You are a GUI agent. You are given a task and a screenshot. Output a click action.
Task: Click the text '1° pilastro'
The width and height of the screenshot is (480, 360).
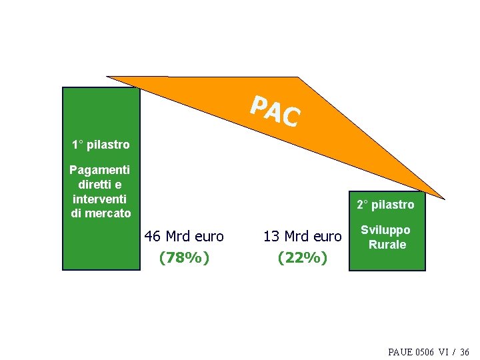coord(101,144)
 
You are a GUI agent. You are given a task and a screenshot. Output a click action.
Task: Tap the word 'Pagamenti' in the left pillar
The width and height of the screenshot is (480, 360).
coord(101,170)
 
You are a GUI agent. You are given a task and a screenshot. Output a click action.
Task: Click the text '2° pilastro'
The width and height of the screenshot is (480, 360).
coord(385,204)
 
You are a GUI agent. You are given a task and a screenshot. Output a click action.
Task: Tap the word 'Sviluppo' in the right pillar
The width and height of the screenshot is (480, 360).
coord(386,230)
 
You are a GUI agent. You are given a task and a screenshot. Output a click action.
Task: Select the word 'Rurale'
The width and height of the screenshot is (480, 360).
coord(387,245)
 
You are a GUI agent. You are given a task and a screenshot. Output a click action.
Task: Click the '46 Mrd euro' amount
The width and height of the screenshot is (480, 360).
coord(184,237)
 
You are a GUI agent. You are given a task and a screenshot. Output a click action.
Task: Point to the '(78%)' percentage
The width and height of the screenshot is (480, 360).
coord(184,257)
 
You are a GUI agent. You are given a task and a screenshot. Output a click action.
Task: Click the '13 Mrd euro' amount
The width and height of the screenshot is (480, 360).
coord(303,237)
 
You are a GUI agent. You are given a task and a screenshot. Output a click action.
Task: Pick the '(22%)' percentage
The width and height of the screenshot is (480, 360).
coord(303,257)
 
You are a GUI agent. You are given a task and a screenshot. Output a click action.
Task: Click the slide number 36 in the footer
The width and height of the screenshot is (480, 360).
coord(465,351)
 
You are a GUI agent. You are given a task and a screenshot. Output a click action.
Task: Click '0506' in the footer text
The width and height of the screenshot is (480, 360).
coord(427,351)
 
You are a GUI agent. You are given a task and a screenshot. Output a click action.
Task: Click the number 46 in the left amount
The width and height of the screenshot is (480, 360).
coord(153,237)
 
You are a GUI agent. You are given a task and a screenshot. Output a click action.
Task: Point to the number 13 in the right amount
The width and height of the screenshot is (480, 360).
coord(271,237)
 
